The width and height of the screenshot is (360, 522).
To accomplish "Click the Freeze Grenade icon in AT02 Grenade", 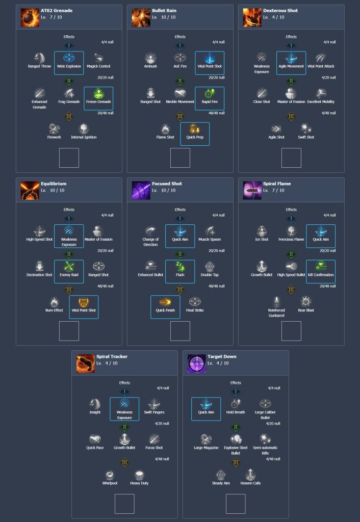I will click(99, 94).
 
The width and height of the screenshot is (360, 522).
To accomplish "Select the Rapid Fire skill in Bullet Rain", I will click(210, 94).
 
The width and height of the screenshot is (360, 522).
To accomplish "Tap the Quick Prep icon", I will click(195, 129).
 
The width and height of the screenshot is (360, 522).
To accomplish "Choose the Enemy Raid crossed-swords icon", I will click(69, 267).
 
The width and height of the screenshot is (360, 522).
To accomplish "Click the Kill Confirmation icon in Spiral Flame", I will click(321, 267).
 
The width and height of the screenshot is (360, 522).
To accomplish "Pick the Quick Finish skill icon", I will click(165, 302).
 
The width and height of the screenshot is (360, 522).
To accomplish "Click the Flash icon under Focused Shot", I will click(180, 267).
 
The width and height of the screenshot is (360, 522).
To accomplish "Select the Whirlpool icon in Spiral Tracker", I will click(110, 475).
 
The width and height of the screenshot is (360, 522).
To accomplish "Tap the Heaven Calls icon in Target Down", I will click(250, 475).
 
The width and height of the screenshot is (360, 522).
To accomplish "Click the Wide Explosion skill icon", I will click(69, 58).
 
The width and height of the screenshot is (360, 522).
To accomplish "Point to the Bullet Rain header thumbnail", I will click(141, 17).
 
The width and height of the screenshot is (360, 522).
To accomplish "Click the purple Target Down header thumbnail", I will click(196, 363).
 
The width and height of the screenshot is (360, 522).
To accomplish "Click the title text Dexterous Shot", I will click(280, 11).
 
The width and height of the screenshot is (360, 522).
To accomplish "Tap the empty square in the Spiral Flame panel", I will click(291, 331).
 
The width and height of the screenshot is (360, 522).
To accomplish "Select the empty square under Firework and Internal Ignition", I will click(69, 158).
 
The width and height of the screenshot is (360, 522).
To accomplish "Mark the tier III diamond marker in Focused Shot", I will click(180, 290).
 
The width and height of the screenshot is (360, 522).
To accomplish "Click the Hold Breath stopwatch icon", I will click(236, 404).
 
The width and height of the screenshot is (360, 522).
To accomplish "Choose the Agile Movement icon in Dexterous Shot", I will click(291, 58).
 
